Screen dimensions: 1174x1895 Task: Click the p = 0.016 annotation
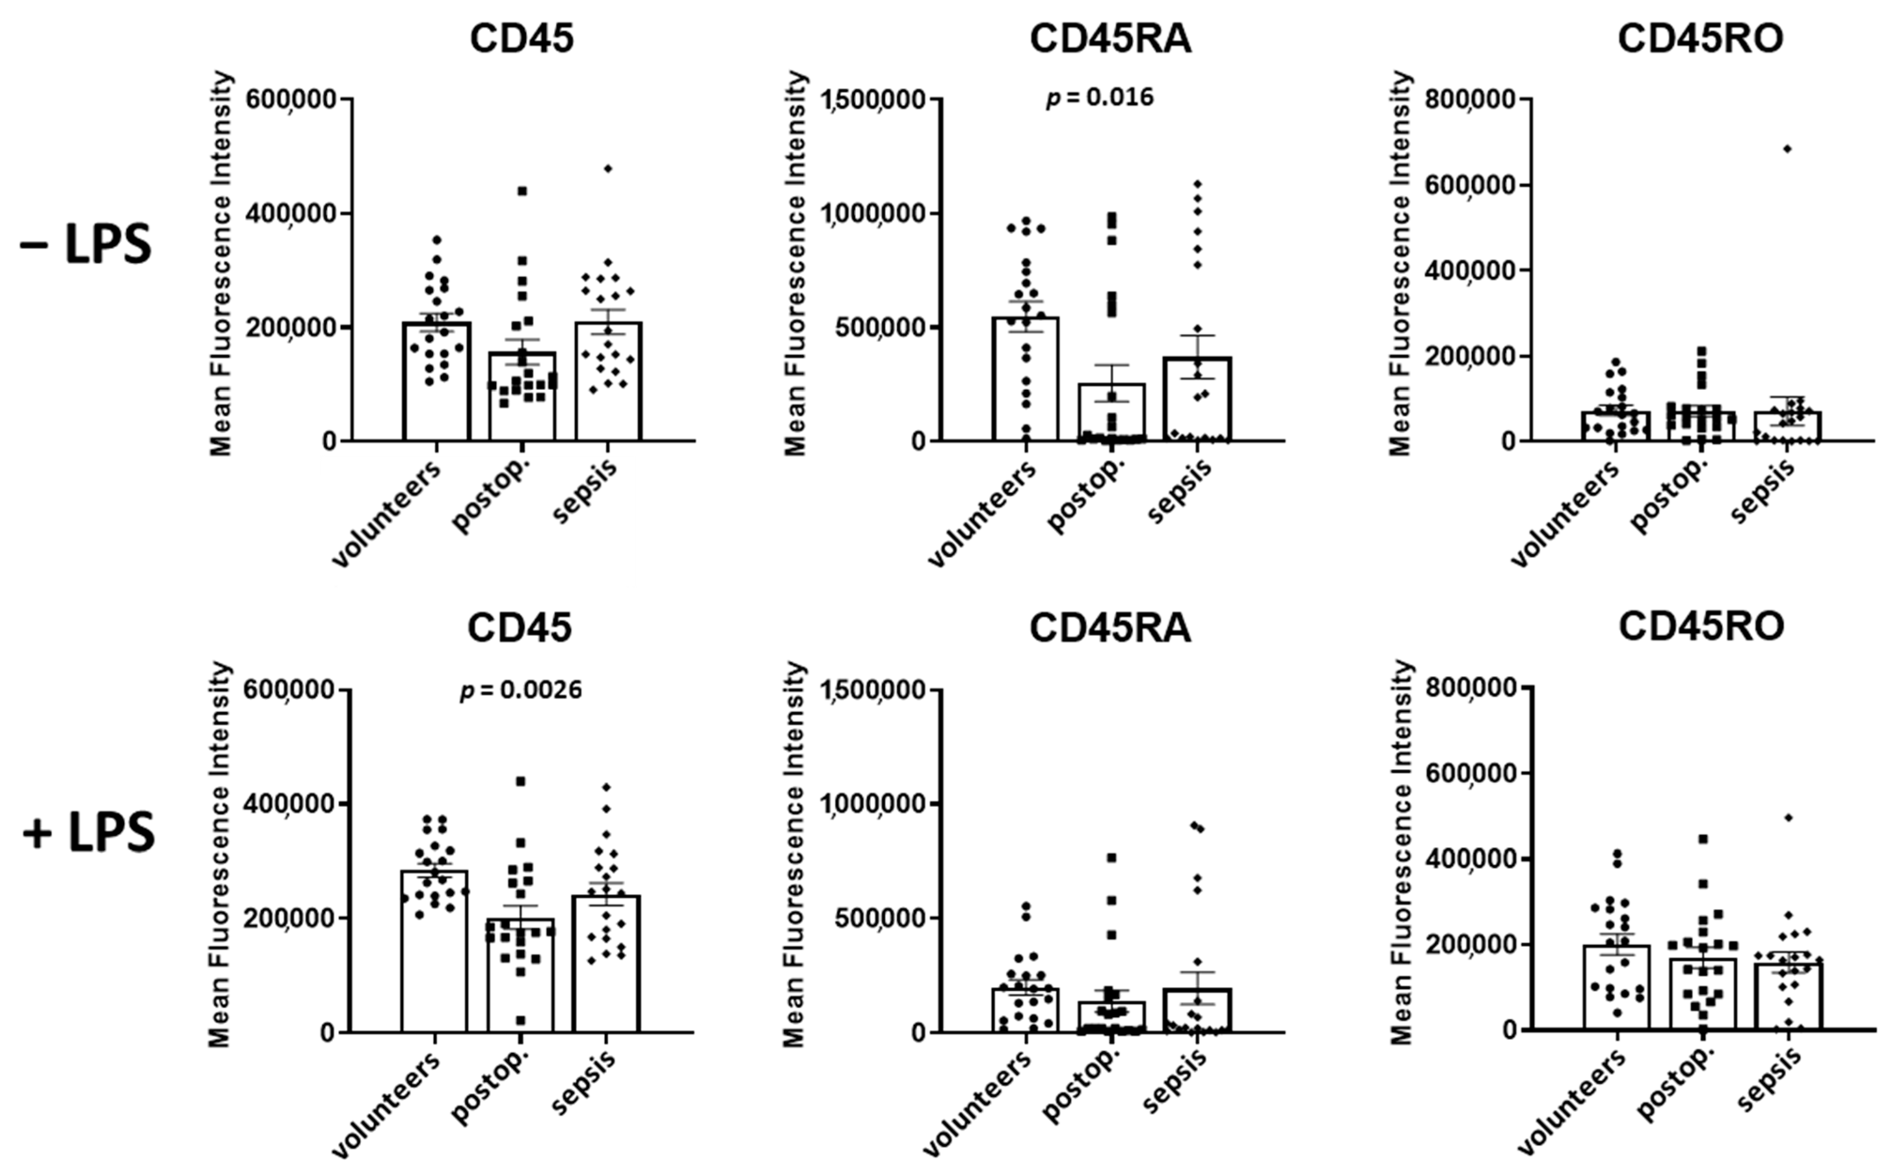click(x=1100, y=98)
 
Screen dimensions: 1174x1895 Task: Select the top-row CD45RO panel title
click(x=1700, y=39)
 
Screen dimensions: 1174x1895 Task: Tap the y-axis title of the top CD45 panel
click(x=222, y=262)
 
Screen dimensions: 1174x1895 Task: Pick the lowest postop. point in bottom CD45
click(x=520, y=1020)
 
